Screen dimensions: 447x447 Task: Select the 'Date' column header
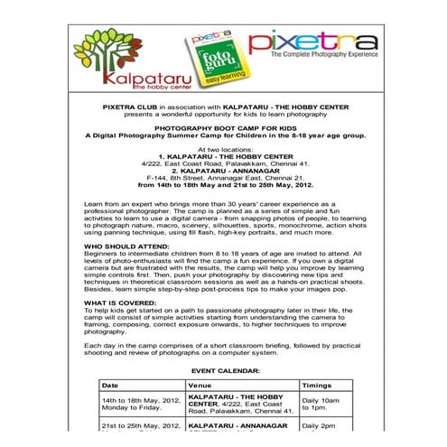(x=110, y=384)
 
